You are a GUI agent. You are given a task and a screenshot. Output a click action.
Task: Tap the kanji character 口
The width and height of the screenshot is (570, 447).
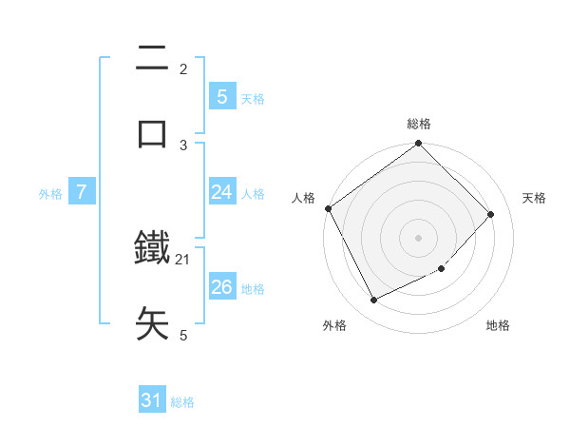[153, 133]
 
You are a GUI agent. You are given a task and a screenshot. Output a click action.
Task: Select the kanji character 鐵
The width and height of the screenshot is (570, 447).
[153, 248]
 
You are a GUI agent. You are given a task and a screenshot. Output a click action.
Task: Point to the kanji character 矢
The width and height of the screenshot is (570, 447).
[153, 323]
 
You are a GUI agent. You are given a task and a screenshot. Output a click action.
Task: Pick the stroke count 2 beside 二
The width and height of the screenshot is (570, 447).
[183, 68]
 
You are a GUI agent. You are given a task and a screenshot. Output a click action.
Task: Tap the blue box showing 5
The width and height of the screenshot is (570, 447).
[221, 96]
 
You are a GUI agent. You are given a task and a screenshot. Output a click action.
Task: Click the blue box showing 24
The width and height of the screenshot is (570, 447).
[221, 192]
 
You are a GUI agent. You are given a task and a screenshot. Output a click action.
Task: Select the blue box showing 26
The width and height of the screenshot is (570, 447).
[221, 287]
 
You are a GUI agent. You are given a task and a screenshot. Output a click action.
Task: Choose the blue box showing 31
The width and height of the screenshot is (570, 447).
[152, 400]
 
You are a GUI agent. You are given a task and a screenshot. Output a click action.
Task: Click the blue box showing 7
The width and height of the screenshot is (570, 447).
[82, 192]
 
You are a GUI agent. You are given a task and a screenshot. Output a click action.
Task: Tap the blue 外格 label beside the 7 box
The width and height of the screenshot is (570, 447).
[50, 194]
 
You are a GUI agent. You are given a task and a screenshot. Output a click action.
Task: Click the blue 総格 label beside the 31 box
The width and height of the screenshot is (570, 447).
[182, 402]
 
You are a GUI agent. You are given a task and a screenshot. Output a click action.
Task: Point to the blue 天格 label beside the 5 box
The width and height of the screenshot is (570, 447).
[253, 98]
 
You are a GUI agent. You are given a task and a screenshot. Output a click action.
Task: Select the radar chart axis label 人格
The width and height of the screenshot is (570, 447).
[304, 198]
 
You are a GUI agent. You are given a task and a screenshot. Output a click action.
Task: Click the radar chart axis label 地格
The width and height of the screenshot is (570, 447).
[498, 325]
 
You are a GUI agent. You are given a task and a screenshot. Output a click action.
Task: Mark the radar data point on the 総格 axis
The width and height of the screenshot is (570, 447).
[418, 145]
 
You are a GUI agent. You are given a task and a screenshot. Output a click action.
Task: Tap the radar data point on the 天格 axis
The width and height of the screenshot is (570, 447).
[491, 214]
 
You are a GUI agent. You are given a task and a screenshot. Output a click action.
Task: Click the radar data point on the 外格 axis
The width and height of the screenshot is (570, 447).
[373, 301]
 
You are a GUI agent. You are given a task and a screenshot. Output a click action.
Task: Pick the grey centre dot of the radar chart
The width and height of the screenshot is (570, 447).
[418, 238]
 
